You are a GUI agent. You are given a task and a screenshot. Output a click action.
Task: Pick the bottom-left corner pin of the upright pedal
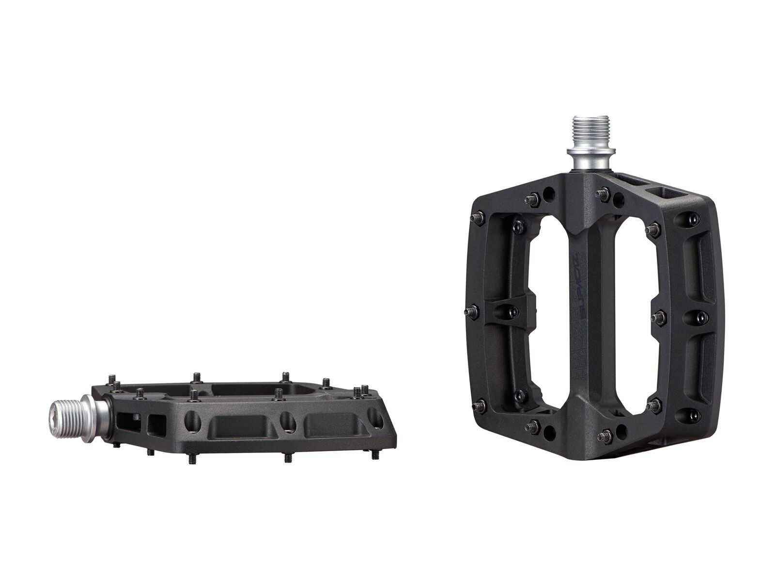[x=478, y=404]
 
